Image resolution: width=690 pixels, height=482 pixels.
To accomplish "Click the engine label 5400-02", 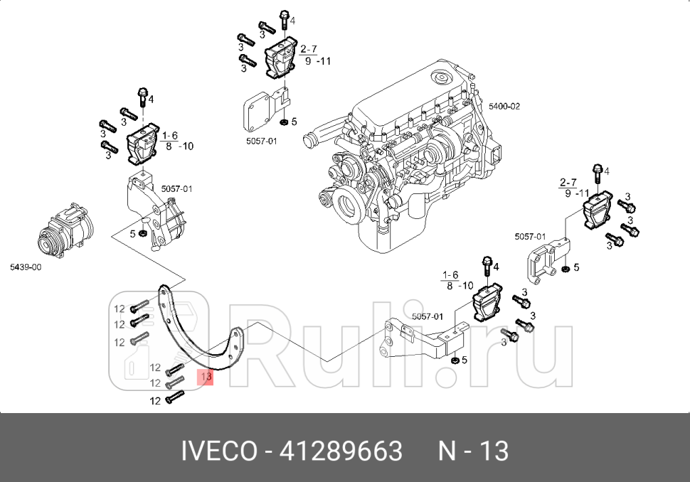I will (504, 106).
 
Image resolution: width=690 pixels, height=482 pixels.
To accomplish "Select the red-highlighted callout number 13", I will (206, 376).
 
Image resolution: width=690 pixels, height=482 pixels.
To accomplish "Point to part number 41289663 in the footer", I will (341, 451).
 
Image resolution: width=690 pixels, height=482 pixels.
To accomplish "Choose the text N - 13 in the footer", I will (473, 451).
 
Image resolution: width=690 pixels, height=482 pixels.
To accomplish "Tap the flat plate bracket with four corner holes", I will (260, 110).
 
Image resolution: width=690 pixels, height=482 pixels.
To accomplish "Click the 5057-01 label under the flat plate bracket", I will (261, 141).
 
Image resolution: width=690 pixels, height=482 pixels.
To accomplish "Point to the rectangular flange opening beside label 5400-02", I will (497, 151).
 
